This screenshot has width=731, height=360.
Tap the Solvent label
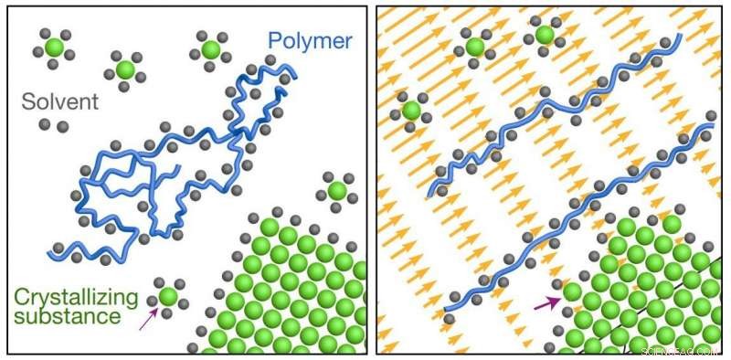click(62, 101)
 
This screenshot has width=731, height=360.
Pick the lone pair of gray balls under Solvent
click(56, 124)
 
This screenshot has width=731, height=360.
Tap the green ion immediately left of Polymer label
click(210, 48)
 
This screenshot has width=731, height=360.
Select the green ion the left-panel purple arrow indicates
click(167, 296)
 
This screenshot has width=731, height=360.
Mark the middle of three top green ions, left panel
click(125, 69)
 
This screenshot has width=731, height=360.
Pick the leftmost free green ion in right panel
click(410, 111)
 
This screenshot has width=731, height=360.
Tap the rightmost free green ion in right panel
click(544, 35)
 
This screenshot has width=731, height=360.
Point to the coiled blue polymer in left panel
click(164, 164)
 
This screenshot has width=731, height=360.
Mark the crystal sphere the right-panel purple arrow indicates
click(572, 293)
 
